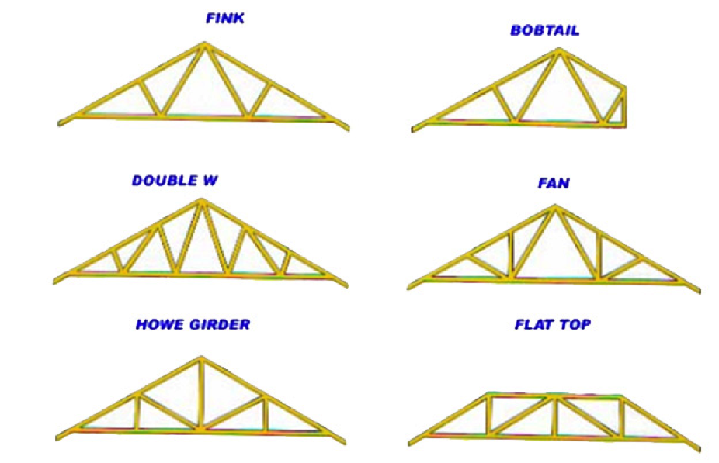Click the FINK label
pyautogui.click(x=224, y=18)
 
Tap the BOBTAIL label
pyautogui.click(x=544, y=31)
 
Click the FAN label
pyautogui.click(x=553, y=184)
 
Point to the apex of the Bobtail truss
pyautogui.click(x=557, y=51)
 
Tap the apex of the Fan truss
pyautogui.click(x=554, y=208)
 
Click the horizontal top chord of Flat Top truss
pyautogui.click(x=554, y=397)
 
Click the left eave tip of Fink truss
pyautogui.click(x=61, y=123)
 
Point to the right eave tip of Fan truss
pyautogui.click(x=698, y=291)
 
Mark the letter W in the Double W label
pyautogui.click(x=207, y=181)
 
